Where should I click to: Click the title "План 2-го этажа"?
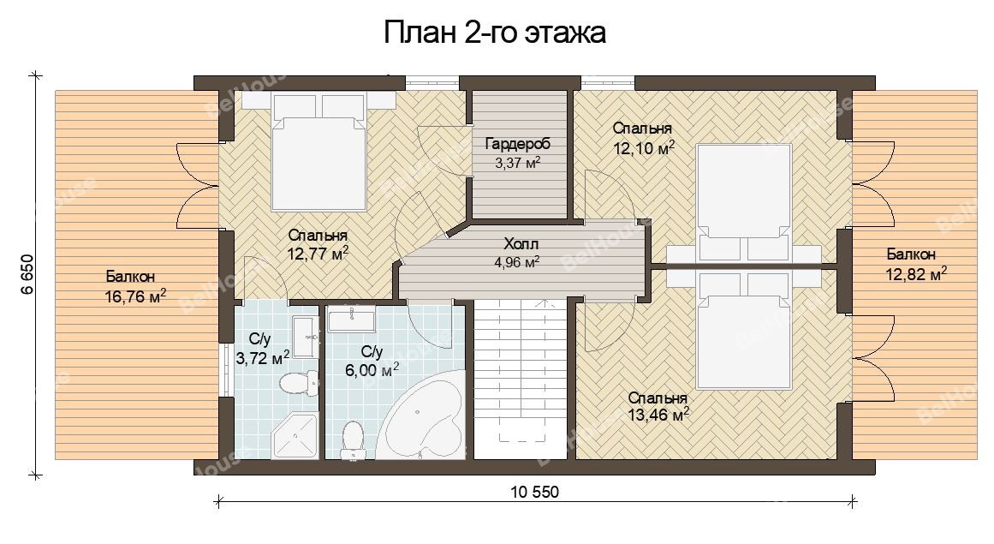(495, 33)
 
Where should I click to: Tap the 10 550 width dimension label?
(534, 492)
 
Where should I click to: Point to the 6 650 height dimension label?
(27, 274)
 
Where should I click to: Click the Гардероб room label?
(517, 144)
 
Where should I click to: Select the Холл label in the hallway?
(521, 244)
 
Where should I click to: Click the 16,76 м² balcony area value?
(135, 296)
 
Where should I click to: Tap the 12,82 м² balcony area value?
(916, 274)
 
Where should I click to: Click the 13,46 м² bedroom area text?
(658, 415)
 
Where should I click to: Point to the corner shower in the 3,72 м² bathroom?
(294, 435)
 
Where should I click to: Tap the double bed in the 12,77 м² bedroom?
(319, 152)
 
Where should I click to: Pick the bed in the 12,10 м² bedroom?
(743, 203)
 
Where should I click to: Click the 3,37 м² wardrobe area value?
(517, 163)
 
